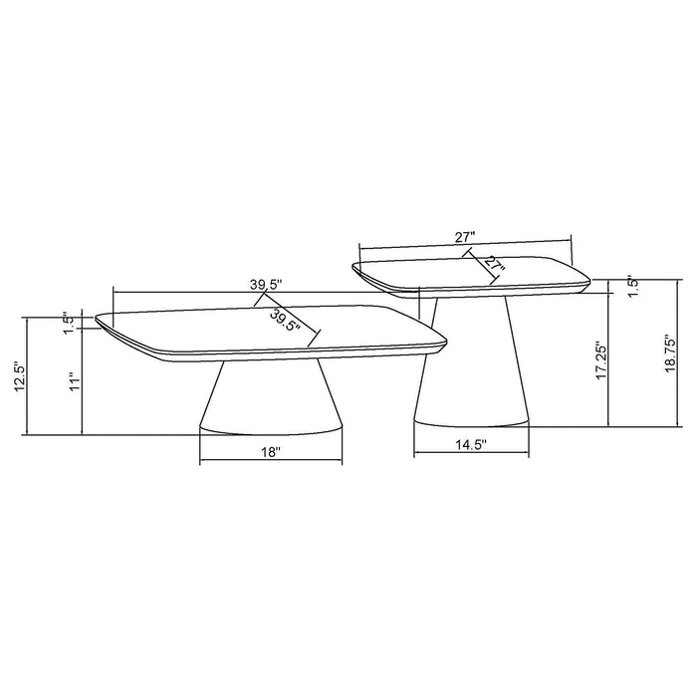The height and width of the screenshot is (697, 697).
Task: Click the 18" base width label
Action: (270, 451)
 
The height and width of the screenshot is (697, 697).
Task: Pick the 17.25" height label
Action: (601, 361)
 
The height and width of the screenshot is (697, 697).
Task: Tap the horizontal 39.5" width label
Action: (266, 283)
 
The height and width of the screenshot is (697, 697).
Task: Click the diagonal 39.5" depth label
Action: (287, 319)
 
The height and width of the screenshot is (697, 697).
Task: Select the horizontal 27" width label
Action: (464, 236)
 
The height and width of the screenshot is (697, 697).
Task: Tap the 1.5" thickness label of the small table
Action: (632, 283)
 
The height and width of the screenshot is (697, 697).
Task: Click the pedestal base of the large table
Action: (270, 398)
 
